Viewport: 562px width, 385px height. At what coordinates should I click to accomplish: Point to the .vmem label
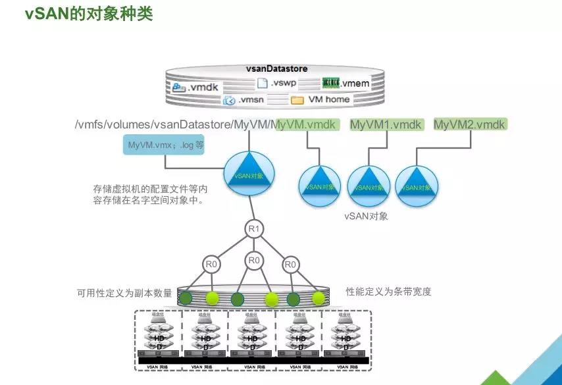[346, 84]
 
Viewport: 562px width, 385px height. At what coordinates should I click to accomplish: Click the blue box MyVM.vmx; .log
[163, 145]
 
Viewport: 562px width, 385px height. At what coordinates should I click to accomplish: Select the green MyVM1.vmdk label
[386, 124]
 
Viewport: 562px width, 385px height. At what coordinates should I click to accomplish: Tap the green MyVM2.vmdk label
[471, 124]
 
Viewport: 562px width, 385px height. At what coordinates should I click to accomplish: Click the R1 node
[253, 229]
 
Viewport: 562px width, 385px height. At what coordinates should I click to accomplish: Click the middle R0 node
[254, 261]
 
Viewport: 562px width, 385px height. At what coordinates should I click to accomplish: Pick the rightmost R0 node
[290, 265]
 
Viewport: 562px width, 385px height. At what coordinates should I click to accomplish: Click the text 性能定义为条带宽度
[388, 292]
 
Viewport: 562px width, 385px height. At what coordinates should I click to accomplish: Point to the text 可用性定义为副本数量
[124, 293]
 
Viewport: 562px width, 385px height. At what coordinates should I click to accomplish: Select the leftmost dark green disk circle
[187, 298]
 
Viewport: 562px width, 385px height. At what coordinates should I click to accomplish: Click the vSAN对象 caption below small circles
[366, 216]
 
